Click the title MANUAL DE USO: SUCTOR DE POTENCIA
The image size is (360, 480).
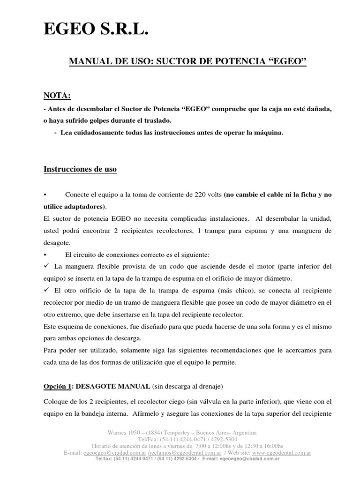[187, 61]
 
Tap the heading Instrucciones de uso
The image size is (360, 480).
[80, 169]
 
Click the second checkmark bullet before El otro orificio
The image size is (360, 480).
[46, 291]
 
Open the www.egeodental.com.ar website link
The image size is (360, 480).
[281, 453]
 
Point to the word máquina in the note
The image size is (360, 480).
[270, 133]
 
